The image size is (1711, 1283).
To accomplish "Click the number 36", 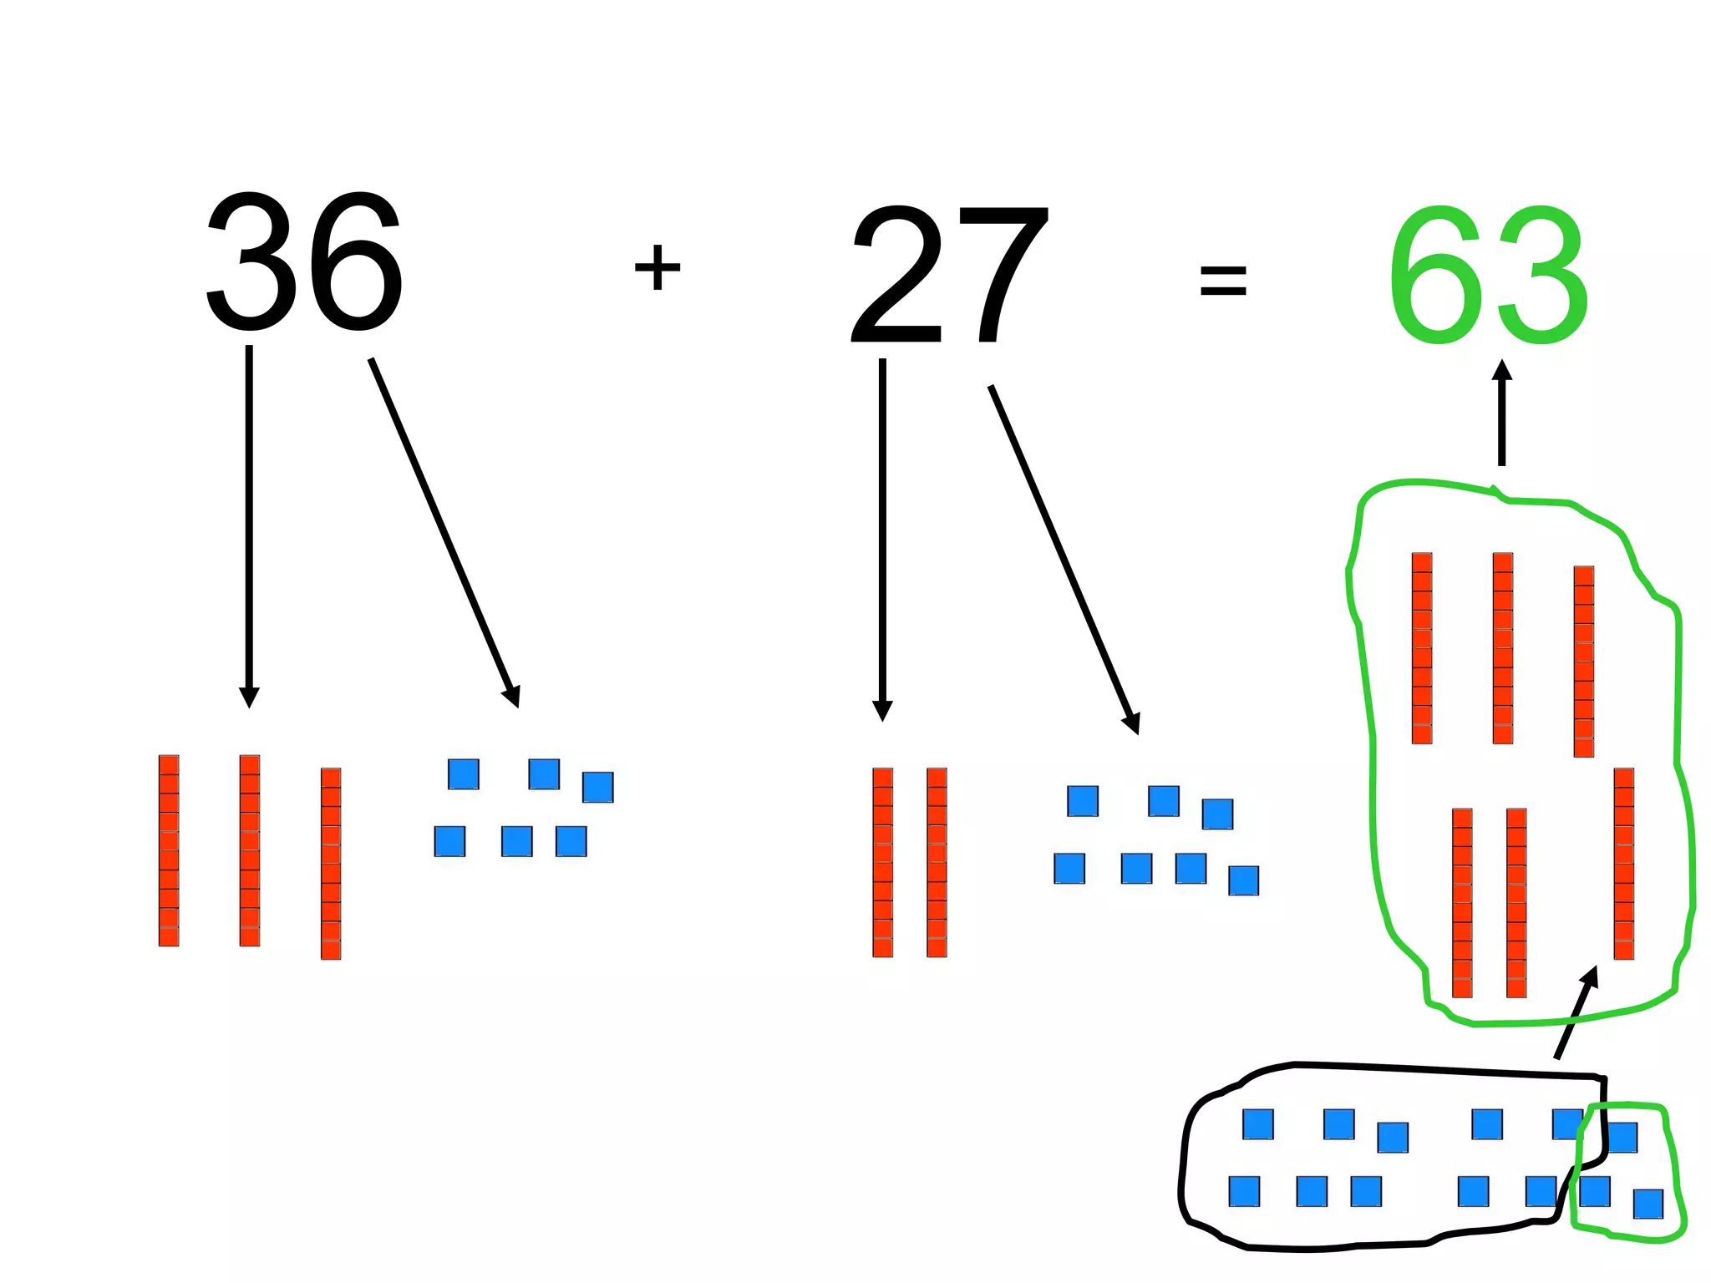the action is pyautogui.click(x=305, y=261).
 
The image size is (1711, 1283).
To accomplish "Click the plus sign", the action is pyautogui.click(x=657, y=267).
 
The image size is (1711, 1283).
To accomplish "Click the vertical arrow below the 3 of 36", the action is pyautogui.click(x=249, y=526).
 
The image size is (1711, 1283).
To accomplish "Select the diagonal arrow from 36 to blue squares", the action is pyautogui.click(x=444, y=533).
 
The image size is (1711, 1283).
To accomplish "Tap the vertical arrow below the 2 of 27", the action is pyautogui.click(x=882, y=540).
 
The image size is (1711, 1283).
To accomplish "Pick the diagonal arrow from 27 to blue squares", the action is pyautogui.click(x=1064, y=560).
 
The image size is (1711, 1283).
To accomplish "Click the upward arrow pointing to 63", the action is pyautogui.click(x=1502, y=412).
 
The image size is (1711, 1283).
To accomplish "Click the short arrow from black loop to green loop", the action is pyautogui.click(x=1576, y=1012).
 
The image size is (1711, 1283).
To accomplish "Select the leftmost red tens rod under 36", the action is pyautogui.click(x=169, y=850).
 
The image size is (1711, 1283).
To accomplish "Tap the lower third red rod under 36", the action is pyautogui.click(x=331, y=864).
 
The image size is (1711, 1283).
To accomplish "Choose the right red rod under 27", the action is pyautogui.click(x=937, y=862).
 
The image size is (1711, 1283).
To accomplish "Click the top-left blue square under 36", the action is pyautogui.click(x=464, y=774).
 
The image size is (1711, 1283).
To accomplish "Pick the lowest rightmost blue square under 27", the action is pyautogui.click(x=1244, y=880).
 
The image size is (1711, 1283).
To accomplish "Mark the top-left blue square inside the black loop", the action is pyautogui.click(x=1258, y=1124).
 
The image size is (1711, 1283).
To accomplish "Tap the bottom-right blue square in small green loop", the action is pyautogui.click(x=1648, y=1204).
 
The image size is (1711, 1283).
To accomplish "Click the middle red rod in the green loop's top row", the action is pyautogui.click(x=1503, y=648).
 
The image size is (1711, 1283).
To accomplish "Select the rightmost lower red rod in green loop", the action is pyautogui.click(x=1624, y=864).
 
